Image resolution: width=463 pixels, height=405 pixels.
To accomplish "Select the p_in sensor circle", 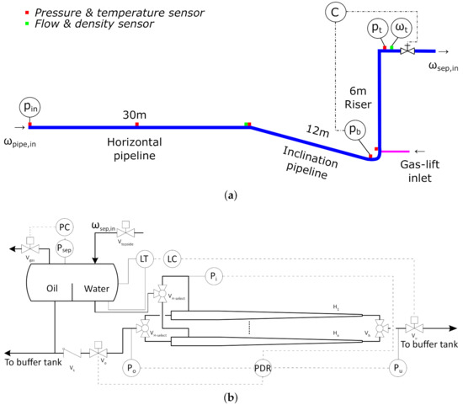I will click(x=30, y=107).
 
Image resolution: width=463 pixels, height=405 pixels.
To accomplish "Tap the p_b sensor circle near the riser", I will click(x=356, y=131).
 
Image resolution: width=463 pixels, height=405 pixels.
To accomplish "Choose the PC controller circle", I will click(x=66, y=227).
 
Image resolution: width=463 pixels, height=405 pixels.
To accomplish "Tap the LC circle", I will click(x=172, y=258).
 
